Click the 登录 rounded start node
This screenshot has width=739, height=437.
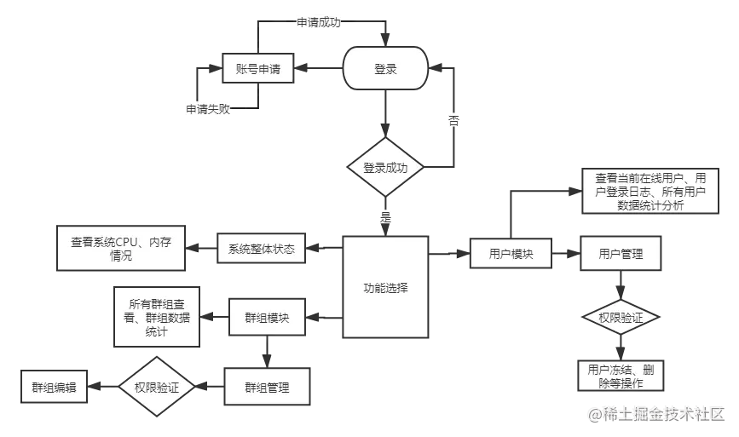click(385, 69)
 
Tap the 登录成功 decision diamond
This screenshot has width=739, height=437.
click(385, 168)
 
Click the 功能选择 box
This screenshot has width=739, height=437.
click(384, 287)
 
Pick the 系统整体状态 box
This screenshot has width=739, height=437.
click(261, 250)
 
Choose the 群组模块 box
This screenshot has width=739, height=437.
click(266, 319)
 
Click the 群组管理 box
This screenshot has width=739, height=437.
click(266, 388)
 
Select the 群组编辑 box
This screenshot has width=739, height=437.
click(55, 387)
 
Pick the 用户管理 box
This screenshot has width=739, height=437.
click(621, 254)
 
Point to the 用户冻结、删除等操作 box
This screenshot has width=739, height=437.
click(621, 376)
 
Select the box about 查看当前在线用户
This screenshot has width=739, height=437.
click(650, 192)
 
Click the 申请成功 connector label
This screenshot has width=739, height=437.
click(318, 23)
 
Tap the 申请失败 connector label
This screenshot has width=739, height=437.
click(209, 109)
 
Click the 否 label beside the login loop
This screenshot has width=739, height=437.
click(454, 121)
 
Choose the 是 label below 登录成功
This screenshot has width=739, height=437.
click(384, 216)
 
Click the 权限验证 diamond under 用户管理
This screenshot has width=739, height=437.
click(621, 318)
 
